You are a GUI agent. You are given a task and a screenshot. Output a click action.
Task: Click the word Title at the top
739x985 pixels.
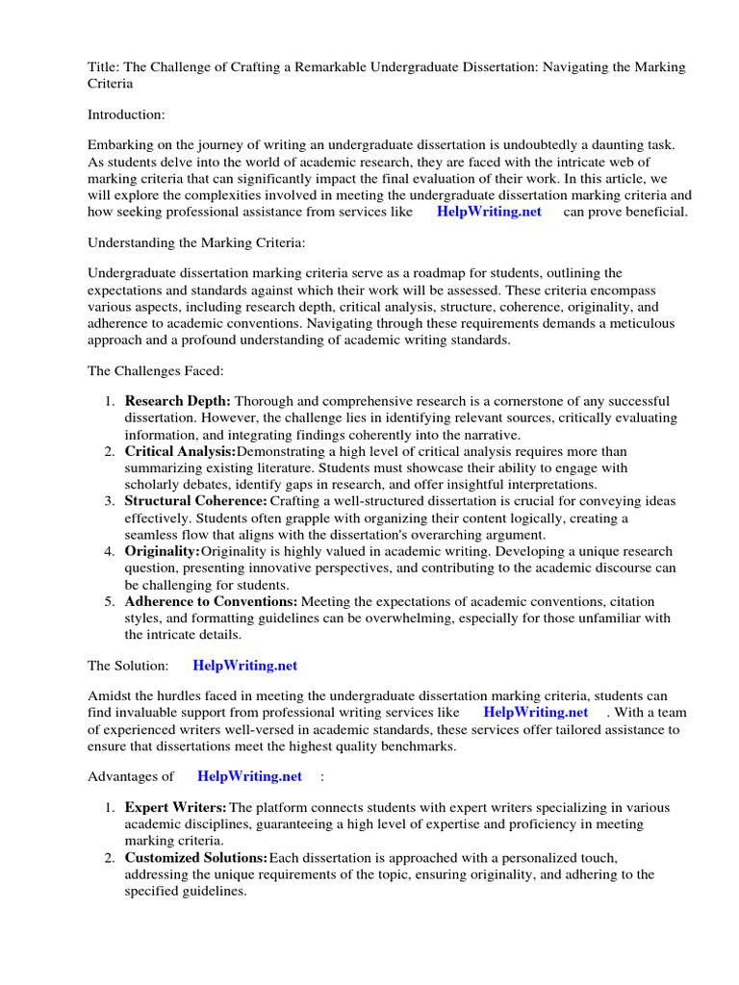pos(101,66)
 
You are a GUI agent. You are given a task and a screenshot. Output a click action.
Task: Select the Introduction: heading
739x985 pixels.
pos(126,114)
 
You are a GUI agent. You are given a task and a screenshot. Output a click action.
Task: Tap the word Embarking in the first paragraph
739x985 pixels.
pos(120,145)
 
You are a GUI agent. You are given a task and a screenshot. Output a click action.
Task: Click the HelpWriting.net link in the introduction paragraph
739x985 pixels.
pos(489,212)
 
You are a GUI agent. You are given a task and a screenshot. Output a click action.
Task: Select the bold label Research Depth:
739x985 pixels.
pos(177,401)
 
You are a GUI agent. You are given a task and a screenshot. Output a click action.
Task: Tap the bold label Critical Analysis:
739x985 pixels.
pos(180,451)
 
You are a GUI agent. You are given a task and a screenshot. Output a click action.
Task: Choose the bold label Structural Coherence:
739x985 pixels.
pos(195,501)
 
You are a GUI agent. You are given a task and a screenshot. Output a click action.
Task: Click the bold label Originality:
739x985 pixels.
pos(163,551)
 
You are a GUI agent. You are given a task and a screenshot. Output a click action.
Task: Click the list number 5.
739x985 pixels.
pos(109,601)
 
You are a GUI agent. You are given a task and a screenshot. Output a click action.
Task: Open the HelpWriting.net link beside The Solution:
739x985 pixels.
pos(245,665)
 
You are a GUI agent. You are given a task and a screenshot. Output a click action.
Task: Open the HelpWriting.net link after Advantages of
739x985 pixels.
pos(249,776)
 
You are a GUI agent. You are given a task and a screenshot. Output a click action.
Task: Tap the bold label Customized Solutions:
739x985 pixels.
pos(196,857)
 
